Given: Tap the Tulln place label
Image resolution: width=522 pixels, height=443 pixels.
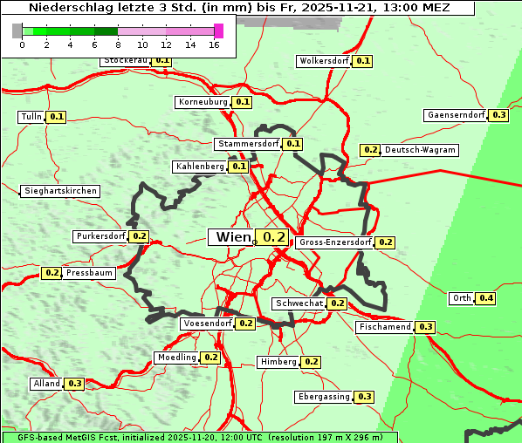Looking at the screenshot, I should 31,117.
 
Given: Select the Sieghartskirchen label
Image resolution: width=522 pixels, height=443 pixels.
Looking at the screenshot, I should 60,191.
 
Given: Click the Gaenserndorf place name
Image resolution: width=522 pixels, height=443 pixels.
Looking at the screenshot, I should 455,115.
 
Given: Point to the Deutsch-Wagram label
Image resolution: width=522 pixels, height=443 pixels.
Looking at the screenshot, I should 420,150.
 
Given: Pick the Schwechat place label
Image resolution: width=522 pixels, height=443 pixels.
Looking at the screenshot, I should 299,303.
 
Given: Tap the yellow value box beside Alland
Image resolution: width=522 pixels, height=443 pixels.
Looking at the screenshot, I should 75,384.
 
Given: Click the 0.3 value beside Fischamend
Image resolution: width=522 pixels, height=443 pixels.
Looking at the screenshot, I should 425,327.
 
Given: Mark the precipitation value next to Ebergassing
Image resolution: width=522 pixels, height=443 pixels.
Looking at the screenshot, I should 364,397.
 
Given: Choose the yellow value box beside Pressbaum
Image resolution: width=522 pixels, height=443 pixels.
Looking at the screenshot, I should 52,273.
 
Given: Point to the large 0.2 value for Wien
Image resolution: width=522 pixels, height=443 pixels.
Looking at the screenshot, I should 274,237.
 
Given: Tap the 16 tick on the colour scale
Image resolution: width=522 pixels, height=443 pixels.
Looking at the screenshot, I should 214,44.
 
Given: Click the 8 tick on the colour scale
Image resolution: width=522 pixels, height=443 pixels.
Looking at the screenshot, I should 118,44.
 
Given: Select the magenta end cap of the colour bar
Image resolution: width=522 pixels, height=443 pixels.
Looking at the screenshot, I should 218,31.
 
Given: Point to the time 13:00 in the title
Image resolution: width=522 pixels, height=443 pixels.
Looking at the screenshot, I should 410,8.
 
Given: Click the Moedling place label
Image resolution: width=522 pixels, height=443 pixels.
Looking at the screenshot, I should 177,358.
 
